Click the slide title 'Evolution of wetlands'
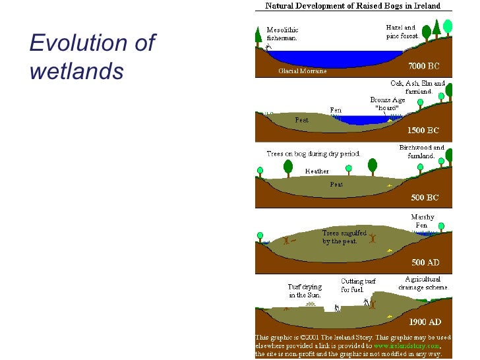pyautogui.click(x=92, y=56)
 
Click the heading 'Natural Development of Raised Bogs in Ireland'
pyautogui.click(x=354, y=6)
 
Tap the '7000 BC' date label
pyautogui.click(x=424, y=67)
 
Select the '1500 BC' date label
pyautogui.click(x=424, y=131)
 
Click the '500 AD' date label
pyautogui.click(x=425, y=262)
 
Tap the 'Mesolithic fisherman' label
pyautogui.click(x=282, y=34)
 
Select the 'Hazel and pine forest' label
pyautogui.click(x=401, y=31)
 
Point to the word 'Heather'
pyautogui.click(x=317, y=171)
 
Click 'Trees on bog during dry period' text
pyautogui.click(x=313, y=154)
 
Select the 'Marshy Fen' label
pyautogui.click(x=422, y=221)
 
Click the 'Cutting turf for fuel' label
pyautogui.click(x=357, y=285)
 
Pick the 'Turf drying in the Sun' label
pyautogui.click(x=303, y=291)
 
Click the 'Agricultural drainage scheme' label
pyautogui.click(x=423, y=284)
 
